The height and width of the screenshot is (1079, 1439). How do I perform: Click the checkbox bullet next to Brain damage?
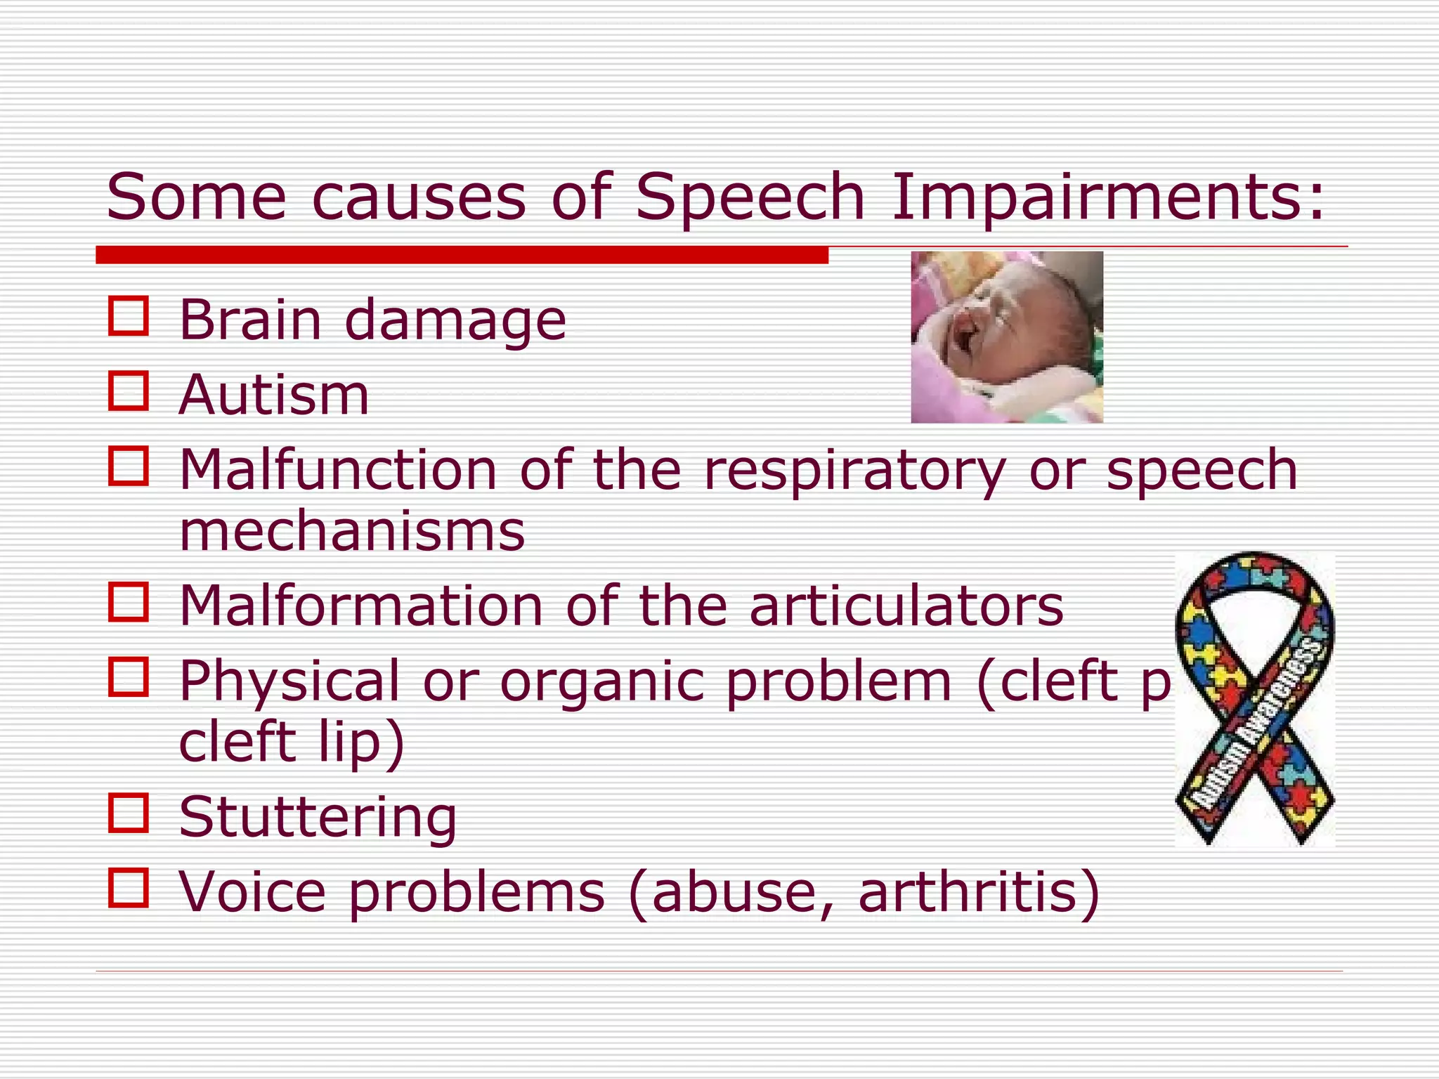tap(129, 316)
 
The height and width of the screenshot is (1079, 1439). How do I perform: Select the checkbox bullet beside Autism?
tap(129, 391)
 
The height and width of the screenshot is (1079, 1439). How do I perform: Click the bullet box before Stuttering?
tap(129, 813)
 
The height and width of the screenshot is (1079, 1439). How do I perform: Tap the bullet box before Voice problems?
tap(129, 888)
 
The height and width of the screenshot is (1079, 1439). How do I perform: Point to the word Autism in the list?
tap(274, 395)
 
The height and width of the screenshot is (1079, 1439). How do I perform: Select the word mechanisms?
tap(352, 532)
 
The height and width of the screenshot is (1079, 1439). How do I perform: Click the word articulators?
tap(906, 606)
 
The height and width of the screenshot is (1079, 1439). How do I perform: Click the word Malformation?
tap(361, 606)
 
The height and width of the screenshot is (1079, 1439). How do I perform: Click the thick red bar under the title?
tap(462, 255)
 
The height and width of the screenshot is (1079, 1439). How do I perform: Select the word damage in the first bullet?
tap(455, 322)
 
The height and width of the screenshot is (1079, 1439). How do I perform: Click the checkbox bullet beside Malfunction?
tap(129, 466)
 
